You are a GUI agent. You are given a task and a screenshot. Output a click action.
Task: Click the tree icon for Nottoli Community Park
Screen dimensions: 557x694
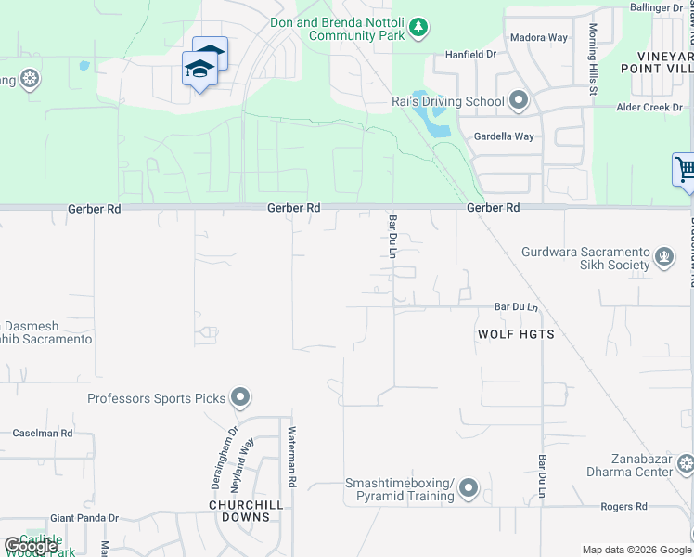[419, 28]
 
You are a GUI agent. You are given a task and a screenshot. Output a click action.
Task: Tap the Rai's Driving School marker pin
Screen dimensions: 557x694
[518, 101]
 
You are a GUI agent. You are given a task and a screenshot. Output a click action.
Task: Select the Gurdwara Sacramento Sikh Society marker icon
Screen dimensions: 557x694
[664, 256]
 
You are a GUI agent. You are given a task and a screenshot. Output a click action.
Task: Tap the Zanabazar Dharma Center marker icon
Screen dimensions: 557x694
[686, 464]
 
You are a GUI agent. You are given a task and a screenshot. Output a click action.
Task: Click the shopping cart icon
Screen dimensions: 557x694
[686, 170]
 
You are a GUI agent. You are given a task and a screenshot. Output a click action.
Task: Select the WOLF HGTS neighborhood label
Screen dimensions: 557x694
[516, 334]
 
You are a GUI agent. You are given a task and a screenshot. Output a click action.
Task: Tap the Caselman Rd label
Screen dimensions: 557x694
[43, 434]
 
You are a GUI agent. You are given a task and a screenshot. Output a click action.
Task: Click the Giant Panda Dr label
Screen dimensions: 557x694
[84, 518]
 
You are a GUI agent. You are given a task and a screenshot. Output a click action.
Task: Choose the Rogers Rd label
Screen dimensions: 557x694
[623, 507]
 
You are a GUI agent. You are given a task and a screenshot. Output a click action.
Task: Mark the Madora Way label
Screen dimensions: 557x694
[540, 38]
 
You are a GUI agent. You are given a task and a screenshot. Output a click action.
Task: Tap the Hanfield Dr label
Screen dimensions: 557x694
[471, 55]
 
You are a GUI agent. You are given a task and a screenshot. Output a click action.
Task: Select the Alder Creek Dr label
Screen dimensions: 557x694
[650, 108]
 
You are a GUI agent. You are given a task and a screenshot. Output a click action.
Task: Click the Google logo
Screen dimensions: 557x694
[31, 546]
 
